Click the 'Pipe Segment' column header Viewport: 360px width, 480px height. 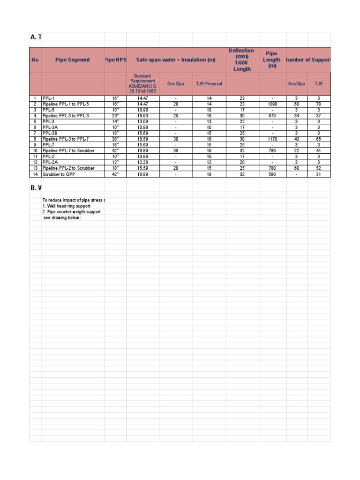click(x=73, y=60)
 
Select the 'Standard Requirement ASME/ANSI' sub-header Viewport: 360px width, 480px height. click(x=142, y=83)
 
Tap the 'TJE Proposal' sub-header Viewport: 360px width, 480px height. click(x=209, y=84)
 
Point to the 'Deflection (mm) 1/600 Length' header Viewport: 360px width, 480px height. click(x=242, y=60)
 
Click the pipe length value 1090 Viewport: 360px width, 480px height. click(x=272, y=104)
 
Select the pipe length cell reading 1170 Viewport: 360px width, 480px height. click(x=272, y=139)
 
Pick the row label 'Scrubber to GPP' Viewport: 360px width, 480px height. click(x=59, y=174)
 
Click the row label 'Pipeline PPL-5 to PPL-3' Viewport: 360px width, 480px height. click(x=66, y=116)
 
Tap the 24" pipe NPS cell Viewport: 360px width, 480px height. click(x=115, y=116)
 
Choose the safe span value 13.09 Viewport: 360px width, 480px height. click(x=142, y=121)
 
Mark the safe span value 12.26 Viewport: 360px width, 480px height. click(x=142, y=163)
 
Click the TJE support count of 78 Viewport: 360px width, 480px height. click(x=319, y=104)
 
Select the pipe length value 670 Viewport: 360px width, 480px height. click(x=272, y=116)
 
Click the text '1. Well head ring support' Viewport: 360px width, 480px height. click(x=67, y=206)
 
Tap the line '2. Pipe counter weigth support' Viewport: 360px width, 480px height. click(x=71, y=212)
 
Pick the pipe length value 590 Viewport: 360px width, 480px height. click(x=272, y=174)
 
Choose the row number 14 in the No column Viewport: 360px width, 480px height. click(x=35, y=174)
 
